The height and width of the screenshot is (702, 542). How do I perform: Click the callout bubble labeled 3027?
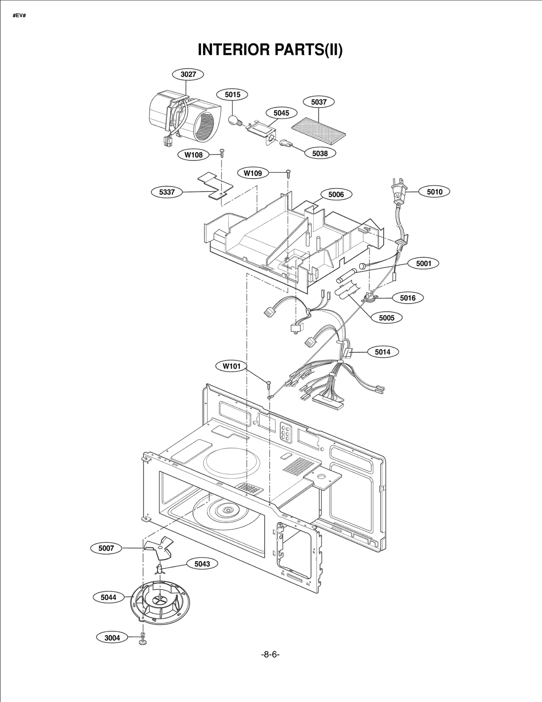tap(188, 74)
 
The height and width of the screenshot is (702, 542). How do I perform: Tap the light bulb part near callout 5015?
tap(234, 120)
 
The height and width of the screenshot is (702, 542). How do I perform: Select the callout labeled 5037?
tap(318, 102)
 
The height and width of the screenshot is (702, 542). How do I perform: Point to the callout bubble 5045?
tap(281, 113)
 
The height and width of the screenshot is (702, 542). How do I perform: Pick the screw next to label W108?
tap(222, 153)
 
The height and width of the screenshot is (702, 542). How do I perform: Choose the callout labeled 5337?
tap(167, 192)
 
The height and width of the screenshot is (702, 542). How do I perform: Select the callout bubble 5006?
tap(336, 194)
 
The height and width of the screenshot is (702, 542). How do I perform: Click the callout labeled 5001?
tap(423, 263)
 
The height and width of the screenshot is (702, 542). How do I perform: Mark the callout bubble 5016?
tap(408, 298)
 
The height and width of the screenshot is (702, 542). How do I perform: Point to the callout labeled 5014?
tap(382, 352)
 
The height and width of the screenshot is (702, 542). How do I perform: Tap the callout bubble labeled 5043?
tap(202, 564)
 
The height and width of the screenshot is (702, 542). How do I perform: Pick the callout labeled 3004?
tap(112, 638)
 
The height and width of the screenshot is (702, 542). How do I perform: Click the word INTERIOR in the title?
tap(234, 49)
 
